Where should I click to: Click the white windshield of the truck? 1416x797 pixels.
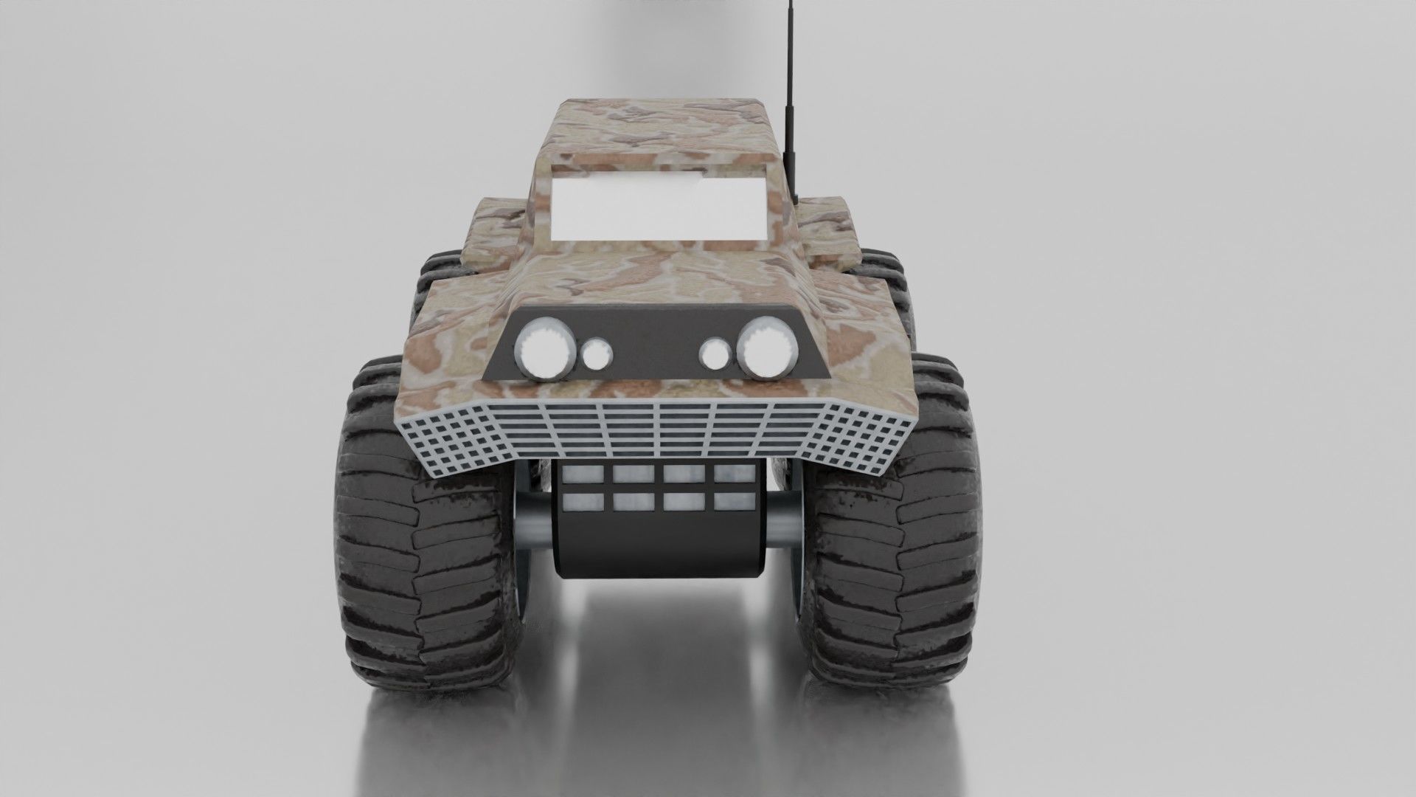coord(659,207)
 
